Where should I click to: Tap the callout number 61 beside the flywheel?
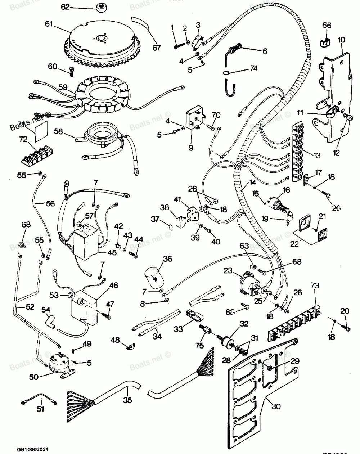point(49,24)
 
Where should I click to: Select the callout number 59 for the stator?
point(63,87)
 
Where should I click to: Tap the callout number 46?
point(113,286)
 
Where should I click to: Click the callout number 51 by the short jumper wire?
point(41,409)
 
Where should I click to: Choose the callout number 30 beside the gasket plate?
point(276,406)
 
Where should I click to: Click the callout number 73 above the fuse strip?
point(315,286)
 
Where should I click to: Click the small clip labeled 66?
point(325,43)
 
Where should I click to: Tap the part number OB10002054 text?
point(32,439)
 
